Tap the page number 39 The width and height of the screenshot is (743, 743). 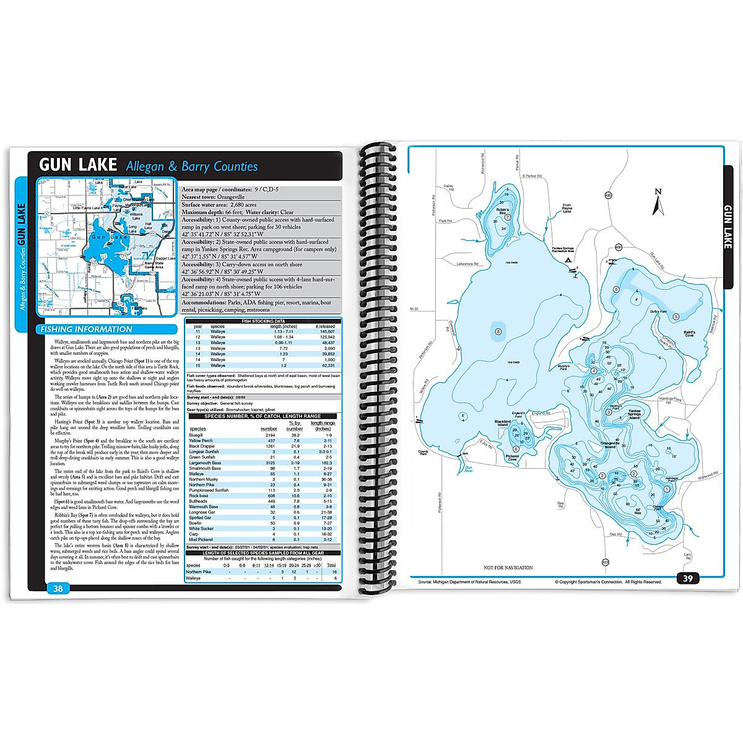[x=688, y=578]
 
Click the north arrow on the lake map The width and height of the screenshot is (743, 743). [x=658, y=203]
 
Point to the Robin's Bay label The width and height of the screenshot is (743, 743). [x=502, y=211]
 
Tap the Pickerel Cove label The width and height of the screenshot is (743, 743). [x=512, y=458]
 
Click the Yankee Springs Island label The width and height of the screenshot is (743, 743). [x=634, y=414]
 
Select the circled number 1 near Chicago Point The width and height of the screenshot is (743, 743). [x=666, y=489]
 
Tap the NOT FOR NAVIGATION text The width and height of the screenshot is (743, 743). [x=508, y=568]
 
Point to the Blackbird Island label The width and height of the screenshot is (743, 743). [x=502, y=423]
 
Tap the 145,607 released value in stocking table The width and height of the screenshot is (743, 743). [x=324, y=332]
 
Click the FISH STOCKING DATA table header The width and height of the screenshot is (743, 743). [x=262, y=321]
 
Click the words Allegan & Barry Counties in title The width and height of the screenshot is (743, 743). [x=191, y=166]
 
